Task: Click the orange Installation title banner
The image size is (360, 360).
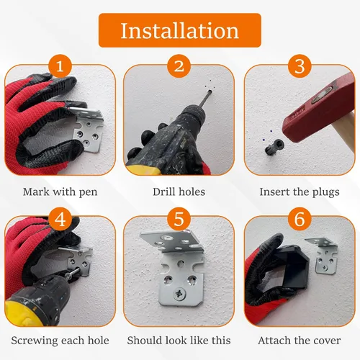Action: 180,30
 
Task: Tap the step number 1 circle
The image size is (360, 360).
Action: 60,66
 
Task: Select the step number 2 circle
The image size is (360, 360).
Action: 179,66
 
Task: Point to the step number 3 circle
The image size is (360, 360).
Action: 300,66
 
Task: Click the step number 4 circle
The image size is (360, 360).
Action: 60,219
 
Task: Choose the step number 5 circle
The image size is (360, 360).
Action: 179,219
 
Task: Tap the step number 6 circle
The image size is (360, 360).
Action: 300,219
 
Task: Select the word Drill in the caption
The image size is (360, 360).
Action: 162,192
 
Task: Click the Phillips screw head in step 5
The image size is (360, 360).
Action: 179,294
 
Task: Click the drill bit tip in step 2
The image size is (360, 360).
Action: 210,91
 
